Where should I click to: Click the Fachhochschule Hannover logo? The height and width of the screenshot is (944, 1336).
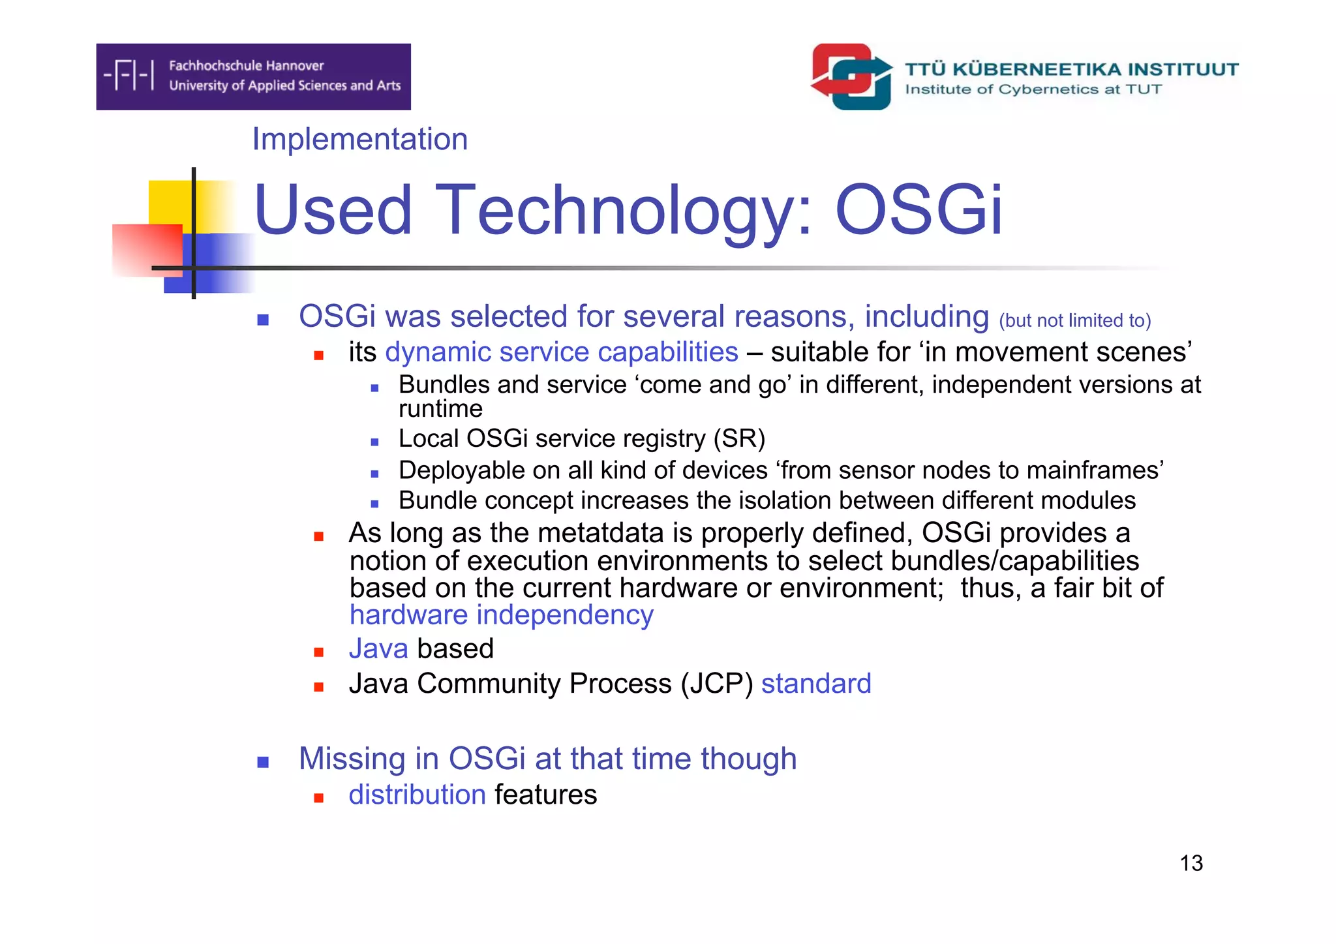[x=253, y=76]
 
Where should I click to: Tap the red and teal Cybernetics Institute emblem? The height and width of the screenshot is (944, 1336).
[x=851, y=76]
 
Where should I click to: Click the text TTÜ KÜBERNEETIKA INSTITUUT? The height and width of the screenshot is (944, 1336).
[x=1071, y=69]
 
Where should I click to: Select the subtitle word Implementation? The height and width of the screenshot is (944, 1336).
[x=359, y=139]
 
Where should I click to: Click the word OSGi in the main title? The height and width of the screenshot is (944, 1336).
[x=918, y=210]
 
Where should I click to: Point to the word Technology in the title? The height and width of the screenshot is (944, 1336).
[x=624, y=210]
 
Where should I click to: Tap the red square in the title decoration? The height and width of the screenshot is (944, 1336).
[x=147, y=250]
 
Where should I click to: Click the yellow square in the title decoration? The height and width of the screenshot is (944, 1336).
[x=171, y=202]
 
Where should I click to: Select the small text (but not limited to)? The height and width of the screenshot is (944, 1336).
[x=1074, y=320]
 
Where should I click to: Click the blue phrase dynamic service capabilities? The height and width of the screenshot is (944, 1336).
[x=562, y=352]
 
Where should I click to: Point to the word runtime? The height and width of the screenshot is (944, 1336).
[x=440, y=409]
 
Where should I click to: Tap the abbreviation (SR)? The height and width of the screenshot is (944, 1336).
[x=738, y=438]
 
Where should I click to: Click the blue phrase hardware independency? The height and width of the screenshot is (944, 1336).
[x=501, y=615]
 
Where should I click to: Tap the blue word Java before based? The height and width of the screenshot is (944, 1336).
[x=378, y=649]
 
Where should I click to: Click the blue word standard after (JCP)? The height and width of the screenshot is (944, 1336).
[x=815, y=684]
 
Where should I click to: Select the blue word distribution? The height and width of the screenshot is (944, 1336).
[x=417, y=795]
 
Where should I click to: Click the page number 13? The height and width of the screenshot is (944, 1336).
[x=1191, y=863]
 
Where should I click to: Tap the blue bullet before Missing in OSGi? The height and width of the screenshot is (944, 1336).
[x=263, y=762]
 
